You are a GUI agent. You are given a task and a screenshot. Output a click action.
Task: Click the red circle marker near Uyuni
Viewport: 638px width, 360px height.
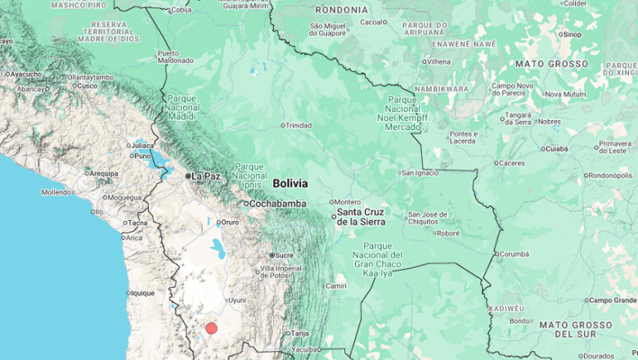(x=211, y=328)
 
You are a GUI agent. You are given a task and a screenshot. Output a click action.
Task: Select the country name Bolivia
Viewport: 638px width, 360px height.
(x=290, y=183)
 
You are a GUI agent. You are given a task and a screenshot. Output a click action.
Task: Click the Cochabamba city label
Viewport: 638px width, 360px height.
(x=277, y=203)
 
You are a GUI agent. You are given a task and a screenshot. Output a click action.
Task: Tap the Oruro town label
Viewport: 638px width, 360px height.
(x=230, y=222)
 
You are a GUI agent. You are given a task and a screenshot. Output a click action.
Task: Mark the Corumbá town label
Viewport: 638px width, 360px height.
(x=514, y=254)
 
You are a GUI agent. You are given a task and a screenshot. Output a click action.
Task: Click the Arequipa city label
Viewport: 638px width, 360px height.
(x=103, y=173)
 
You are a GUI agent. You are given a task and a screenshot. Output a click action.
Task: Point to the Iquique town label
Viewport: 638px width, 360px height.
(x=142, y=293)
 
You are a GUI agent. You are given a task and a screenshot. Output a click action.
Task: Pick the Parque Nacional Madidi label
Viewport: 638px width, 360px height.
(x=181, y=106)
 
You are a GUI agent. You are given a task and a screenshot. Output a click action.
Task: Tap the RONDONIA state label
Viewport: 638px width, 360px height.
(x=341, y=10)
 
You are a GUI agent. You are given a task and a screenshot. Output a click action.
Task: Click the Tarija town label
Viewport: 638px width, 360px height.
(x=300, y=333)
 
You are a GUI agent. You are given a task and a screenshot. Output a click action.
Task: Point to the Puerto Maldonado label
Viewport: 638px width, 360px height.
(x=175, y=56)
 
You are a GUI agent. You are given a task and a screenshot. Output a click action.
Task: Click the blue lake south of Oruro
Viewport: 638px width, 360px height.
(x=218, y=247)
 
